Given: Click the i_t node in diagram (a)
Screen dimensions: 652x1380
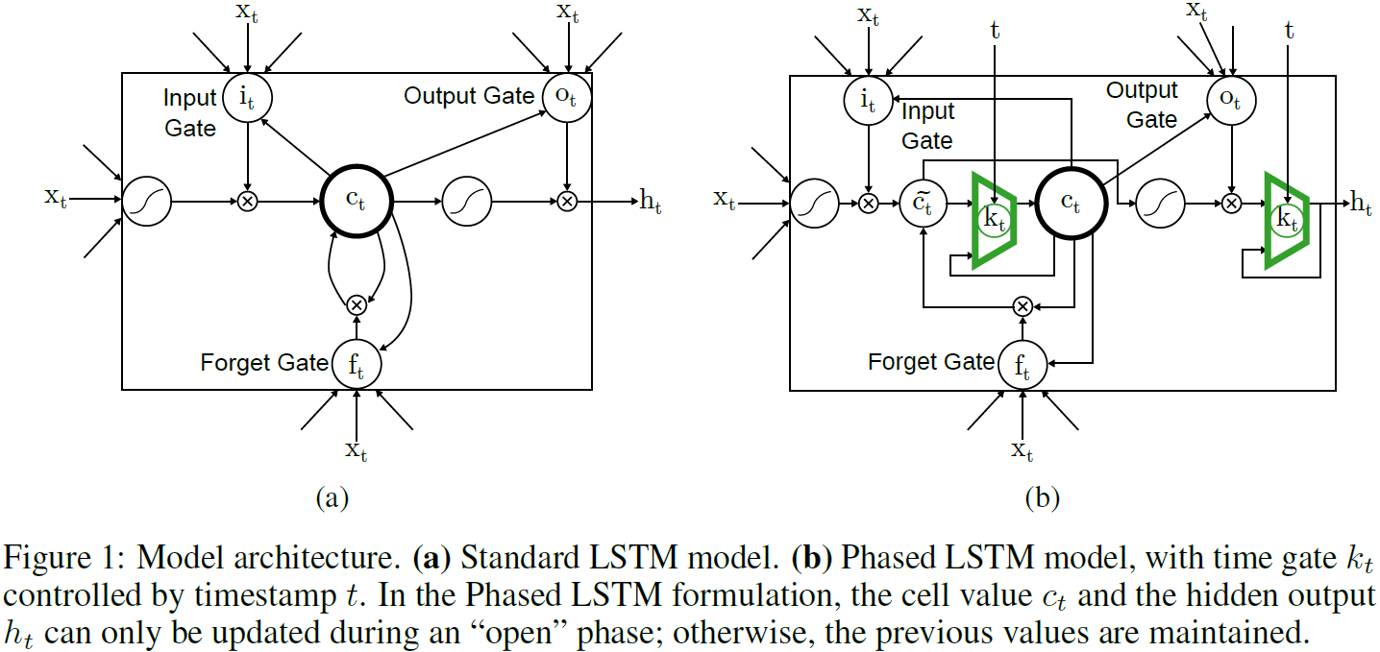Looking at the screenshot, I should coord(248,97).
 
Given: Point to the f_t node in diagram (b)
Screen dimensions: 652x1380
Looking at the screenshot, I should coord(1023,364).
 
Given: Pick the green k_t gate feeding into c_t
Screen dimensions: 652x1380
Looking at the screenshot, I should coord(995,219).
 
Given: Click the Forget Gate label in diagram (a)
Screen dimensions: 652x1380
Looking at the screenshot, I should coord(264,363).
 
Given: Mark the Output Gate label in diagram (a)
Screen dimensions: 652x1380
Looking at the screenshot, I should coord(468,96).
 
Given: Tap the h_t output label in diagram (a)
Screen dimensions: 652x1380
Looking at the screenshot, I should coord(651,203).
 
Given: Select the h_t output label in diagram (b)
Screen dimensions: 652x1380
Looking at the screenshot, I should coord(1361,203).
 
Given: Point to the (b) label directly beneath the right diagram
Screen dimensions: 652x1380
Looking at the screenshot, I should coord(1043,498).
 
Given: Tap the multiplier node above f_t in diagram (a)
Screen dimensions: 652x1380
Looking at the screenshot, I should coord(357,304).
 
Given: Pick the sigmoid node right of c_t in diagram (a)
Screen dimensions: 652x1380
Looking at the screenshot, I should coord(468,202).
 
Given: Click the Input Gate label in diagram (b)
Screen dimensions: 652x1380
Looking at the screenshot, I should coord(927,126).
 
